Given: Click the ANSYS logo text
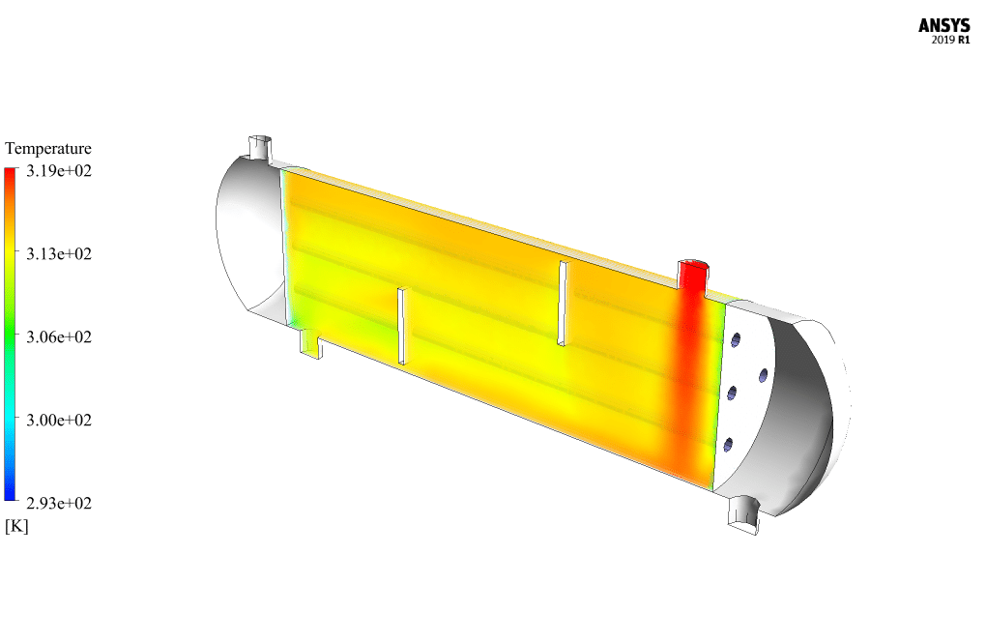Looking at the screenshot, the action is pos(943,26).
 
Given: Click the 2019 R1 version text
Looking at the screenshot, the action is pos(950,41).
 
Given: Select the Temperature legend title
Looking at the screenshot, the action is pos(48,148).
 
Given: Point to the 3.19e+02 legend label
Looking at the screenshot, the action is pos(58,170).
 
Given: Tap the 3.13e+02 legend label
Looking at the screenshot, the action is pos(58,253).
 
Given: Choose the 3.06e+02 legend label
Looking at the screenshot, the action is pos(58,336).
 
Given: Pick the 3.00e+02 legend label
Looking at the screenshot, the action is pos(58,420).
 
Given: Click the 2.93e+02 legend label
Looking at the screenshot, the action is pos(58,503).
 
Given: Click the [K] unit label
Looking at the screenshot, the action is pos(16,526).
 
